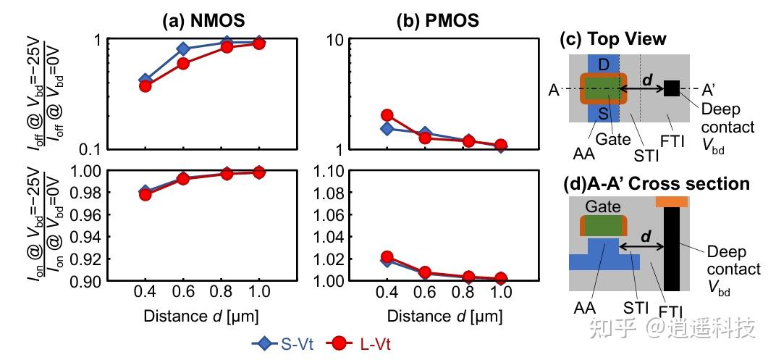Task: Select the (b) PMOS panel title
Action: tap(437, 20)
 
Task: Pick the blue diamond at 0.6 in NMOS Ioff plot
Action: tap(183, 49)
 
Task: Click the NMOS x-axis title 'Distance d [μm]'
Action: tap(201, 316)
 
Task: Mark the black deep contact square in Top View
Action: tap(671, 88)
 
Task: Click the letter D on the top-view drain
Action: tap(604, 64)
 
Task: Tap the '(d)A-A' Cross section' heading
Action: tap(657, 183)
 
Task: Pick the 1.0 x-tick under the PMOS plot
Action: tap(499, 292)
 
